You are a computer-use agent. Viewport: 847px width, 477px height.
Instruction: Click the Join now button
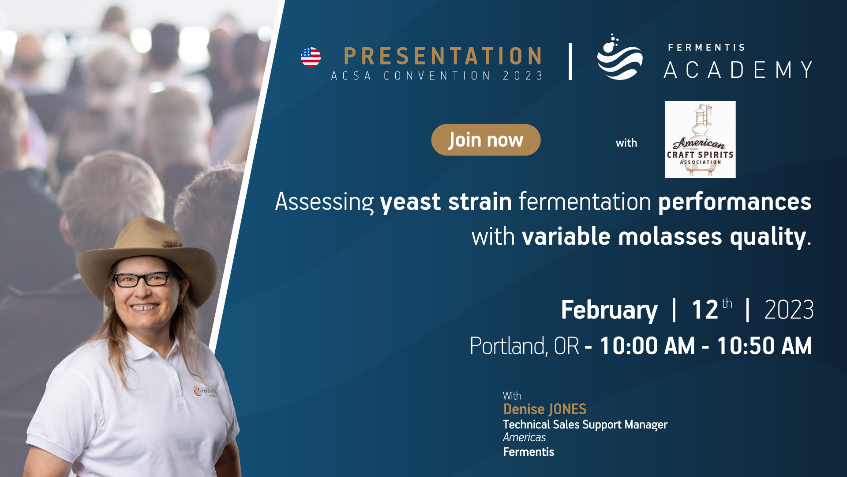(486, 140)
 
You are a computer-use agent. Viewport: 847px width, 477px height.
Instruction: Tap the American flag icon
(311, 57)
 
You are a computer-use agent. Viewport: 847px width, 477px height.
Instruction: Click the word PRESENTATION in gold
(442, 56)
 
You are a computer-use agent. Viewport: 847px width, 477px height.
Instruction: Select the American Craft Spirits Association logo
(700, 140)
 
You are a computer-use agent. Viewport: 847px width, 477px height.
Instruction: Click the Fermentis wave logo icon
(619, 57)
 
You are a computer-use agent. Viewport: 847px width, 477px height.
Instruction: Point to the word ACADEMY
(738, 70)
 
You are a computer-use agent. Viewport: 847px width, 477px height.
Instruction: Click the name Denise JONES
(545, 409)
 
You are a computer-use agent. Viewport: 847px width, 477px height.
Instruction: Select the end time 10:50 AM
(765, 345)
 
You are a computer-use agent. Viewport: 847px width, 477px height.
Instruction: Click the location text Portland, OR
(525, 345)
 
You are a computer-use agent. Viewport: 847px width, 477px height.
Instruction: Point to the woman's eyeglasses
(145, 279)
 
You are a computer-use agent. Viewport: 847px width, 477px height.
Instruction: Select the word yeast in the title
(410, 202)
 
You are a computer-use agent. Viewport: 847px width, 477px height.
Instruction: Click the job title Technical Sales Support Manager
(585, 424)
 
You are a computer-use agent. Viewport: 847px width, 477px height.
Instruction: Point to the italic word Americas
(525, 437)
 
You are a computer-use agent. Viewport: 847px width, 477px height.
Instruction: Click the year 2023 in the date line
(789, 310)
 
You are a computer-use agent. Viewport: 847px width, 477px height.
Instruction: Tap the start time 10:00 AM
(648, 345)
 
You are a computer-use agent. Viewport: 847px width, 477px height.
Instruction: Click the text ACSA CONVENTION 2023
(437, 76)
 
